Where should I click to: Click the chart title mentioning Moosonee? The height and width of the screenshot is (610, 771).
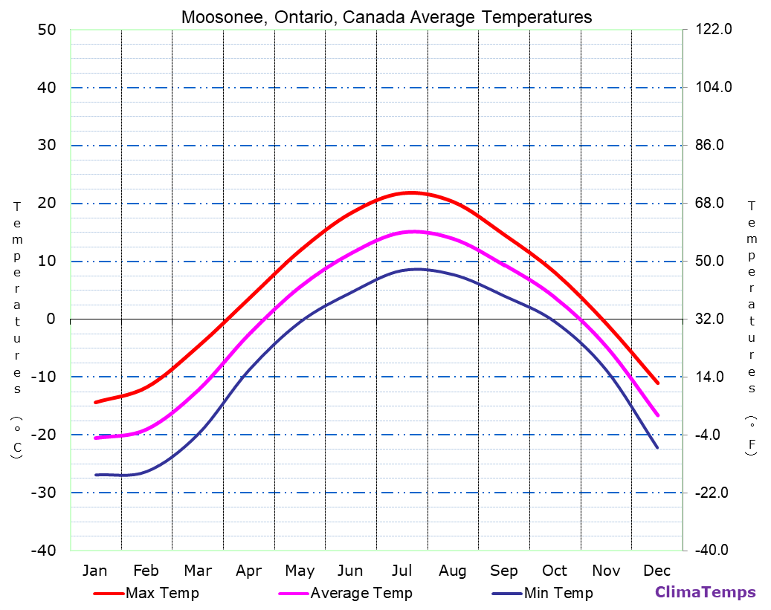(x=387, y=17)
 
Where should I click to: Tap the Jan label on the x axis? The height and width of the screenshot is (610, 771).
(x=94, y=571)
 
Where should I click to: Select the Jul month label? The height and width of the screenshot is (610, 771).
(x=402, y=571)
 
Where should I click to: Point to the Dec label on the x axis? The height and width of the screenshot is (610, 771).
(x=657, y=571)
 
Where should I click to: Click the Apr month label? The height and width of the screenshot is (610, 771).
(x=248, y=571)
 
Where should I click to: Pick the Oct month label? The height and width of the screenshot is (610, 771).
(x=555, y=571)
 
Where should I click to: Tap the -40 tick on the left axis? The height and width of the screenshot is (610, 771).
(x=43, y=551)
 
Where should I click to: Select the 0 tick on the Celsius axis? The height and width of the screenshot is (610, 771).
(x=51, y=319)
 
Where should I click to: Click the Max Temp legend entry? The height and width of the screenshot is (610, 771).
(x=161, y=593)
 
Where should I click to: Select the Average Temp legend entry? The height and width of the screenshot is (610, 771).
(x=361, y=593)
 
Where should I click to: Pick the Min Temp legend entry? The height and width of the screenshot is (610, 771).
(x=558, y=593)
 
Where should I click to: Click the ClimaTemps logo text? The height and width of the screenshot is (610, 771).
(x=705, y=592)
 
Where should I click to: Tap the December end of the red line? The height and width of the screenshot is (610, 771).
(x=657, y=383)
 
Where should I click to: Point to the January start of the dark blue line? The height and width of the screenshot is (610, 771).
(x=95, y=474)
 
